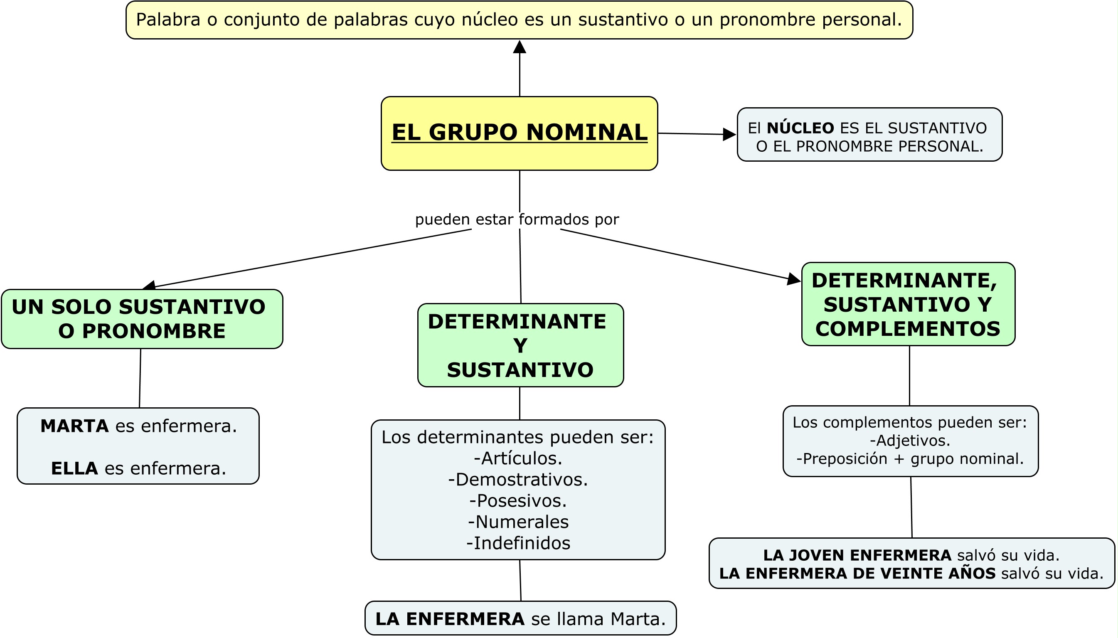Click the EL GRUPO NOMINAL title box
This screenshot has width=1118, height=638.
click(x=519, y=133)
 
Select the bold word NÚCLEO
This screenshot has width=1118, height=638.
click(x=800, y=128)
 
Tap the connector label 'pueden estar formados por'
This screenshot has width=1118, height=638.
click(x=517, y=219)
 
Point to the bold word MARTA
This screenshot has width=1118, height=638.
click(x=74, y=426)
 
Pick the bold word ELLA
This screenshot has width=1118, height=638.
click(x=74, y=468)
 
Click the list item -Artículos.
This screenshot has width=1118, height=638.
click(x=518, y=458)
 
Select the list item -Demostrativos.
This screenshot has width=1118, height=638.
click(x=518, y=479)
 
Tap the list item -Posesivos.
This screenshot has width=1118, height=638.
click(x=518, y=500)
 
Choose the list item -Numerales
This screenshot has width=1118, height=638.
click(x=518, y=522)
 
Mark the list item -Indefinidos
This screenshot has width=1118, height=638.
click(x=518, y=543)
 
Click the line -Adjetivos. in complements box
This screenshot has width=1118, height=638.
click(x=910, y=441)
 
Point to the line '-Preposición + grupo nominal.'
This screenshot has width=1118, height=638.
click(x=910, y=459)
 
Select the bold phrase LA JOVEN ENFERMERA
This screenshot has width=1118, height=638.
click(x=857, y=555)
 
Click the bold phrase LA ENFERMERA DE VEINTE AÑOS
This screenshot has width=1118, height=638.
click(x=857, y=573)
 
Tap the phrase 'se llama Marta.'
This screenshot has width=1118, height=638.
click(x=598, y=619)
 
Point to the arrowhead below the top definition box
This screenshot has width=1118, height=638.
click(x=520, y=47)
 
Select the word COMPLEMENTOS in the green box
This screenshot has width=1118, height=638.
click(x=908, y=329)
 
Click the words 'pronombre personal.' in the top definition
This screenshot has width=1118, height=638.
click(x=811, y=20)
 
